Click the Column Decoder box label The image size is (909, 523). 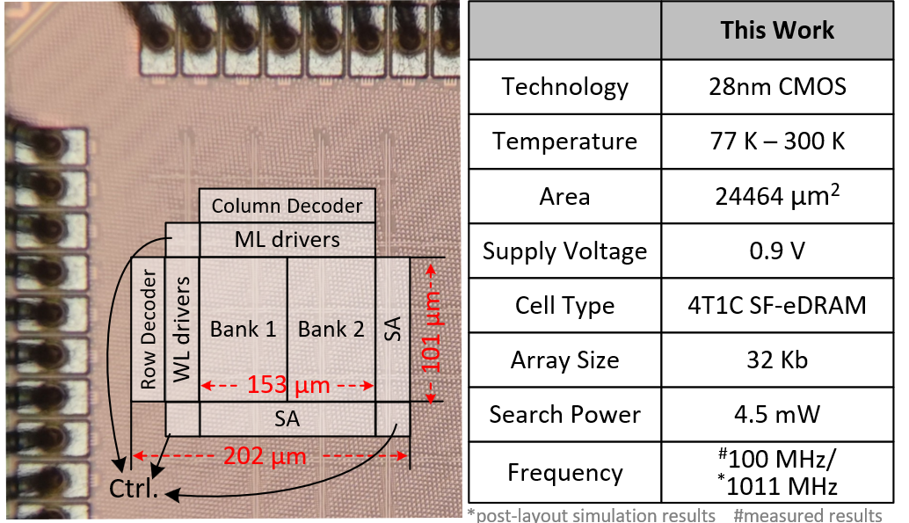[x=287, y=206]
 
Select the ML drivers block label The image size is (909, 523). [x=287, y=239]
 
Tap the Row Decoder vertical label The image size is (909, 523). [x=149, y=329]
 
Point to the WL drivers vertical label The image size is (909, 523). [x=181, y=329]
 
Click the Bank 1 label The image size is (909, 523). [x=243, y=329]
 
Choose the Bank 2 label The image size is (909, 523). [x=331, y=329]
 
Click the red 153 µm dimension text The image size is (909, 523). [x=288, y=384]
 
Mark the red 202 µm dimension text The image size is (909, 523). [x=265, y=455]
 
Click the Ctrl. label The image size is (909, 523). [x=134, y=488]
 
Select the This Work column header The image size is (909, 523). [x=777, y=30]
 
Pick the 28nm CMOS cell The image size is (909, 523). [x=777, y=87]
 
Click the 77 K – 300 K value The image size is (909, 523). [x=777, y=141]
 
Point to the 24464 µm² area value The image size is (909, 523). [x=777, y=195]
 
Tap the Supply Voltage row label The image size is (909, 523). [x=564, y=251]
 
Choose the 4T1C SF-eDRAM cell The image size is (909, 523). [x=777, y=305]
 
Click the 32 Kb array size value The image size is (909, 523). [x=777, y=360]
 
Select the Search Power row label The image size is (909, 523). [x=564, y=415]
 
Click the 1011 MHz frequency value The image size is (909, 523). [x=777, y=486]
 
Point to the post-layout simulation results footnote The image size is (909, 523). [x=592, y=515]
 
